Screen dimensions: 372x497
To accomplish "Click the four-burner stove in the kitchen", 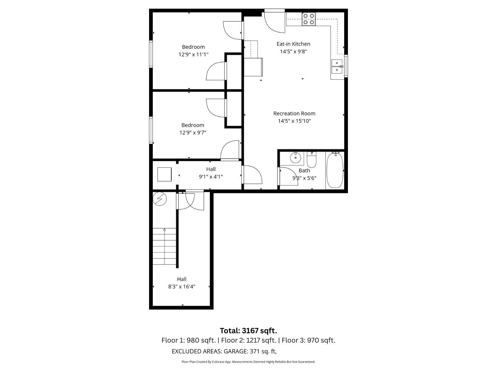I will [x=309, y=19].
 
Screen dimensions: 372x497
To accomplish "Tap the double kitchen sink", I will [x=337, y=67].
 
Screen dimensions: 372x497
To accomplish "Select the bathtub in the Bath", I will [x=335, y=170].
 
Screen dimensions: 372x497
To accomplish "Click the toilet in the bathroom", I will [x=311, y=160].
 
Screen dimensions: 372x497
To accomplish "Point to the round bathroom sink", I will [x=295, y=158].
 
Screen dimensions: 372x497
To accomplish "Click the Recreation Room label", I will [x=294, y=113].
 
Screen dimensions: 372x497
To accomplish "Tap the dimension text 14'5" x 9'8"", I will [x=293, y=51].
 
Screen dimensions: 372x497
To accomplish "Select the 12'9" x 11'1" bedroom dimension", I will [x=193, y=55].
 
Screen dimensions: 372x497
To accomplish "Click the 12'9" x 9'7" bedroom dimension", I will [x=193, y=133].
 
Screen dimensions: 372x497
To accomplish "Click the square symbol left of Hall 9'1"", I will [x=164, y=174].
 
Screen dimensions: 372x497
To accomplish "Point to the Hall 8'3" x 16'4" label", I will [x=182, y=283].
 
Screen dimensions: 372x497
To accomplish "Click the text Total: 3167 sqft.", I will [x=248, y=330].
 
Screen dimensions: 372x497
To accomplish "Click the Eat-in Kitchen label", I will [x=293, y=44].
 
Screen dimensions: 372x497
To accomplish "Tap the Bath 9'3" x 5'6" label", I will [x=304, y=174].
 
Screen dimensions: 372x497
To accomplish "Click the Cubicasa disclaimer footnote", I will [x=248, y=362].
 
